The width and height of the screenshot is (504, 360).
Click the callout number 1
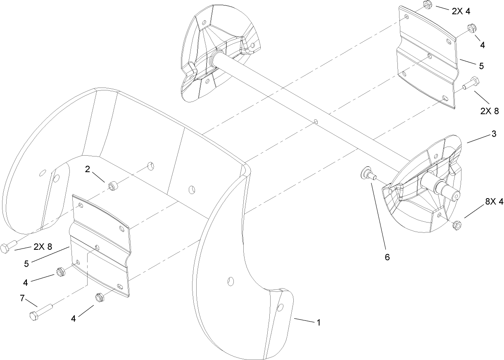pos(319,323)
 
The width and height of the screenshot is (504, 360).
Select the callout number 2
pos(88,169)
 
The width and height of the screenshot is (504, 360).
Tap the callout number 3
pos(494,134)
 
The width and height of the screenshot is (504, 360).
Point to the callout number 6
pos(387,257)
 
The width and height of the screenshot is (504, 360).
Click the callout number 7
pos(22,298)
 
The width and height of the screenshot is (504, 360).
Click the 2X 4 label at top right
pos(461,12)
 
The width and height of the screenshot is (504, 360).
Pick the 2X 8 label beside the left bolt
pos(43,246)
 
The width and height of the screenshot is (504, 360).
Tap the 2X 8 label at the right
pos(490,111)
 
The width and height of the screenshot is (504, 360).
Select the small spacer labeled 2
pos(113,186)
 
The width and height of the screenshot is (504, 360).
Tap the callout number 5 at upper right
pos(481,66)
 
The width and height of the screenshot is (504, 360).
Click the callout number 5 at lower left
pos(26,264)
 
